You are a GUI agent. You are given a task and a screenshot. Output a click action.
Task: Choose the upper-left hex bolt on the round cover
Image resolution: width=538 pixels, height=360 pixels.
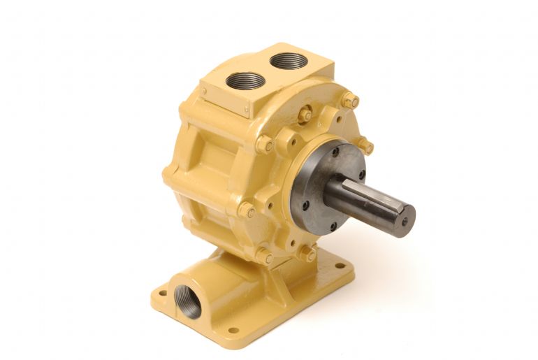coord(264,145)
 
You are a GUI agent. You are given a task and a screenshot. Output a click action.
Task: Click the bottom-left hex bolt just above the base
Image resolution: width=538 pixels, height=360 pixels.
coord(264,257)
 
